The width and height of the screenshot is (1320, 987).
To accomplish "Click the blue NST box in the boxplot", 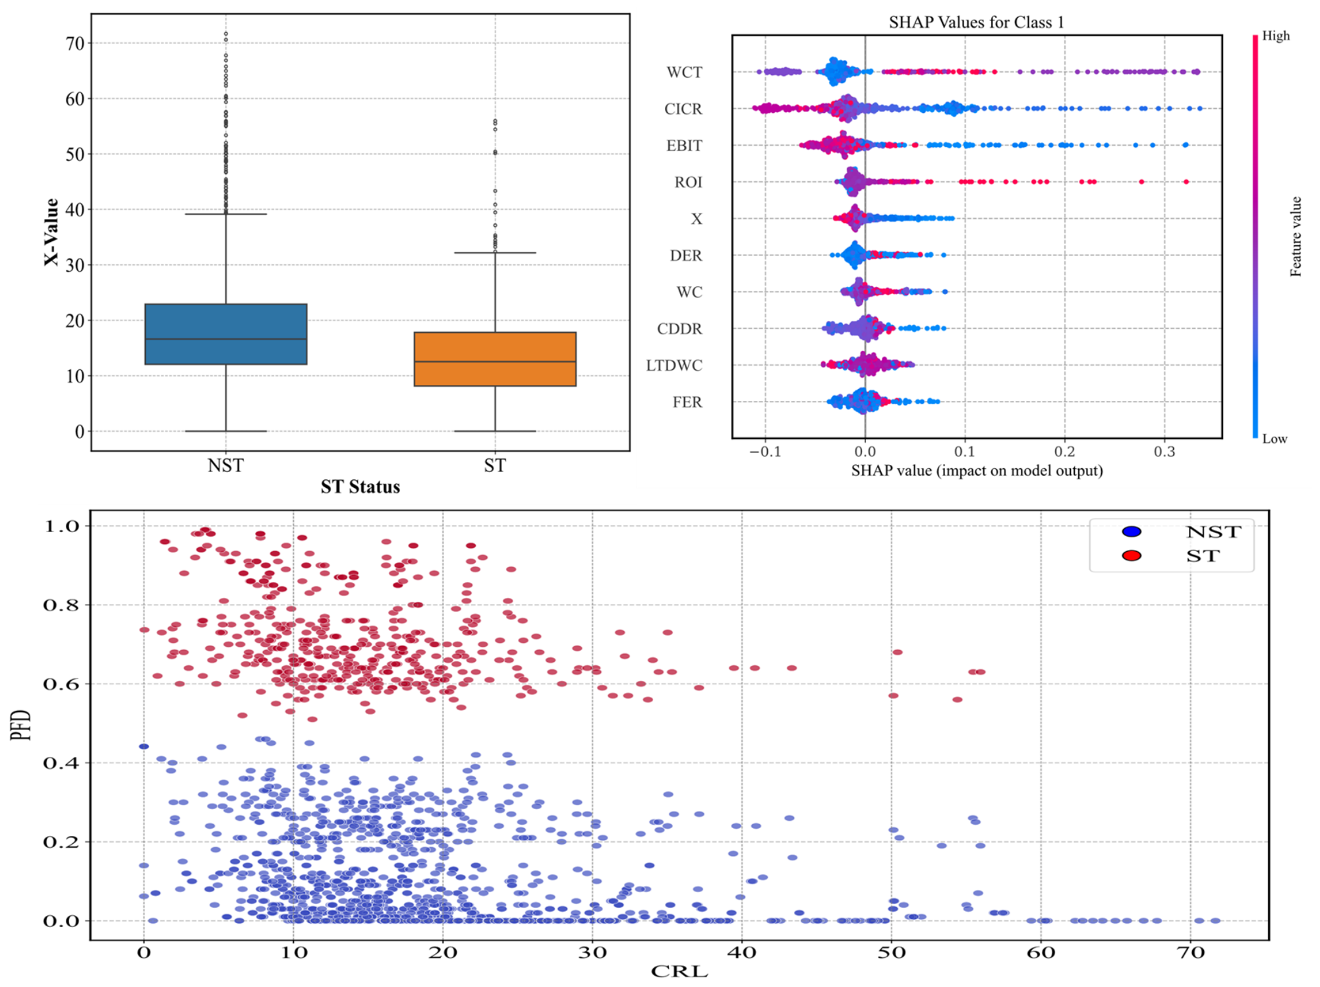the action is click(x=225, y=334).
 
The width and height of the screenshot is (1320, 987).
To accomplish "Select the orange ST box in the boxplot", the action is click(x=495, y=359).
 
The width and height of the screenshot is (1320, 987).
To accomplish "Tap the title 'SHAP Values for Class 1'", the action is click(x=976, y=22).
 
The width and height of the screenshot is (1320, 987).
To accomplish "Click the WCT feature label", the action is click(x=684, y=72).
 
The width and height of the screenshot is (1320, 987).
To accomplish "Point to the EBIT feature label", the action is click(x=684, y=145).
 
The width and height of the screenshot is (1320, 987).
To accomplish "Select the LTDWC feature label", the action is click(x=674, y=365).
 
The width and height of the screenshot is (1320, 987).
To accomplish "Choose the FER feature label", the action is click(x=687, y=402).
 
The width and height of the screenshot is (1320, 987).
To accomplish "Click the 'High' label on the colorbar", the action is click(x=1276, y=36).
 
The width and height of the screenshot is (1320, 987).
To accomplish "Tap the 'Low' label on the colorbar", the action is click(x=1275, y=438).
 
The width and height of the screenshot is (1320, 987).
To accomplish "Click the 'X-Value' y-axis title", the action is click(x=51, y=232).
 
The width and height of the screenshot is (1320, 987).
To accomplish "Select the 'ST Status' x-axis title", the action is click(x=360, y=487).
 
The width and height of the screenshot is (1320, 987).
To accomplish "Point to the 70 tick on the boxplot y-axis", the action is click(x=75, y=44).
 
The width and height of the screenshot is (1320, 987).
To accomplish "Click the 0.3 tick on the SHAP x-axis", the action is click(x=1164, y=452).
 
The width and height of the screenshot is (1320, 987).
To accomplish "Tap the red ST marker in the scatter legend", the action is click(x=1132, y=556).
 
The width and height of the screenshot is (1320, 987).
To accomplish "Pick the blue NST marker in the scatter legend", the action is click(x=1132, y=532).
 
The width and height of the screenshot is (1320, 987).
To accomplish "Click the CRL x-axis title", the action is click(x=679, y=971).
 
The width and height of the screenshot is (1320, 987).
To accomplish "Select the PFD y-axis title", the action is click(x=21, y=725).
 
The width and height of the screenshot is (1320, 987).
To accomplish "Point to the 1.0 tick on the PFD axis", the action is click(x=61, y=526).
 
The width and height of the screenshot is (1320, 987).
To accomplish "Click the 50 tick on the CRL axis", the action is click(x=892, y=952).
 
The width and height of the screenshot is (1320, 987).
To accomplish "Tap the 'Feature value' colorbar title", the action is click(x=1296, y=236).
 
